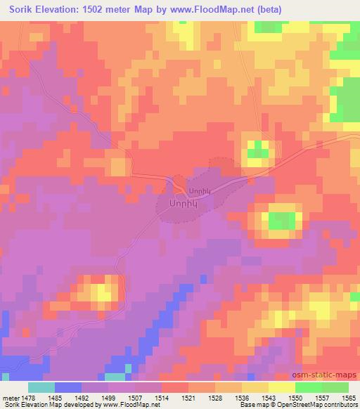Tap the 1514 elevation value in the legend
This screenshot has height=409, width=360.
click(172, 397)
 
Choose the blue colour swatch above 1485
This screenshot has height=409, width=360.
click(67, 387)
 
